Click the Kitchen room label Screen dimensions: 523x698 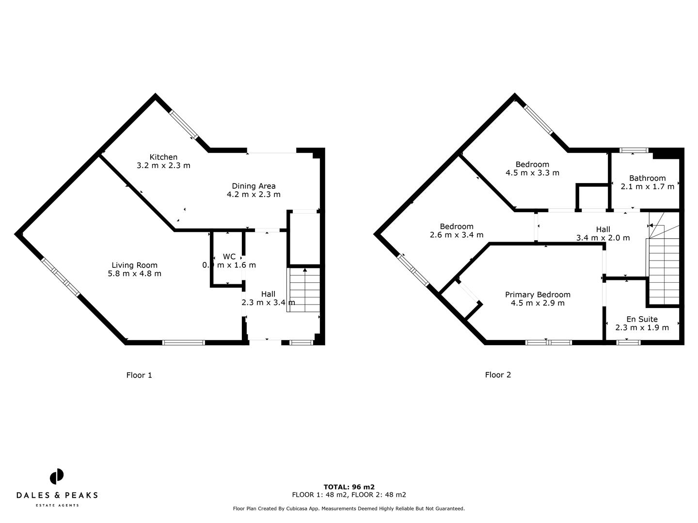(163, 157)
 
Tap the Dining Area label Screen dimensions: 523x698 (254, 186)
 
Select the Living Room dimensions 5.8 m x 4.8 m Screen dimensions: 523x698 (134, 274)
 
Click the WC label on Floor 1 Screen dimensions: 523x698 (229, 257)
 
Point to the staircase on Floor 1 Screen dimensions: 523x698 (304, 290)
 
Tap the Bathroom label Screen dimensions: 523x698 (647, 178)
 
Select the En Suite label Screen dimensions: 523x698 (642, 319)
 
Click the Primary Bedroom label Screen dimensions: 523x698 (538, 294)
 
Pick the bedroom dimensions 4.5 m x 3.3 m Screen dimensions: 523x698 (532, 173)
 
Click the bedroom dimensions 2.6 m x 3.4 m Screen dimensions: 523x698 (457, 235)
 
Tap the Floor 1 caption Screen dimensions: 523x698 (139, 375)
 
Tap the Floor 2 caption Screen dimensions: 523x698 (498, 375)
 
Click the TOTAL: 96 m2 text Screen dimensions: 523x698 (349, 487)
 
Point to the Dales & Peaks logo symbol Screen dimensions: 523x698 (57, 476)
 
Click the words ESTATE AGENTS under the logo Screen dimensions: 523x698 (57, 506)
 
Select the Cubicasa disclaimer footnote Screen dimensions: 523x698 (349, 508)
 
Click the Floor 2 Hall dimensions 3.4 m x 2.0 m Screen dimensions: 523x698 (603, 238)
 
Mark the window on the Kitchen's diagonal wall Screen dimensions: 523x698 (184, 124)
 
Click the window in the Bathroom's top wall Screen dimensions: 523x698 (633, 150)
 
